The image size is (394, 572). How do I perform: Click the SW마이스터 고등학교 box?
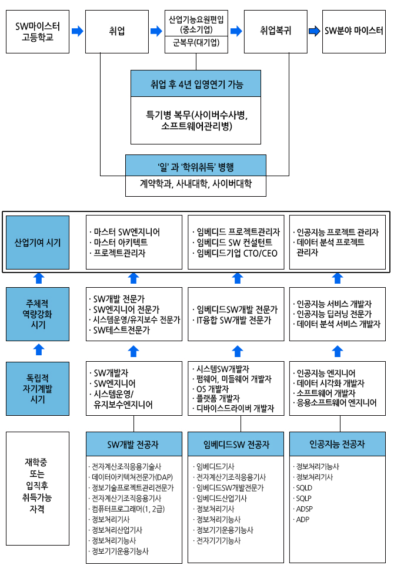point(37,31)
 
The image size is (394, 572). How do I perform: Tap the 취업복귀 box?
point(275,31)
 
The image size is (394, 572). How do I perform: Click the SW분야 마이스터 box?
point(353,31)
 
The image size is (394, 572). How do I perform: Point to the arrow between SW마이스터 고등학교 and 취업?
point(77,31)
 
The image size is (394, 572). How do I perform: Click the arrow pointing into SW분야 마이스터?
point(315,31)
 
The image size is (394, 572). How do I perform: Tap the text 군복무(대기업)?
point(196,42)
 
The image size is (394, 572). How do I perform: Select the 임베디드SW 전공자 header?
point(236,445)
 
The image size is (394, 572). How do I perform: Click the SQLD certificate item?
point(305,488)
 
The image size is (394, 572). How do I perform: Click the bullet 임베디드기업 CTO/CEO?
point(237,253)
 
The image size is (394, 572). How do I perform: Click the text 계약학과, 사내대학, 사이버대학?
point(196,184)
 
